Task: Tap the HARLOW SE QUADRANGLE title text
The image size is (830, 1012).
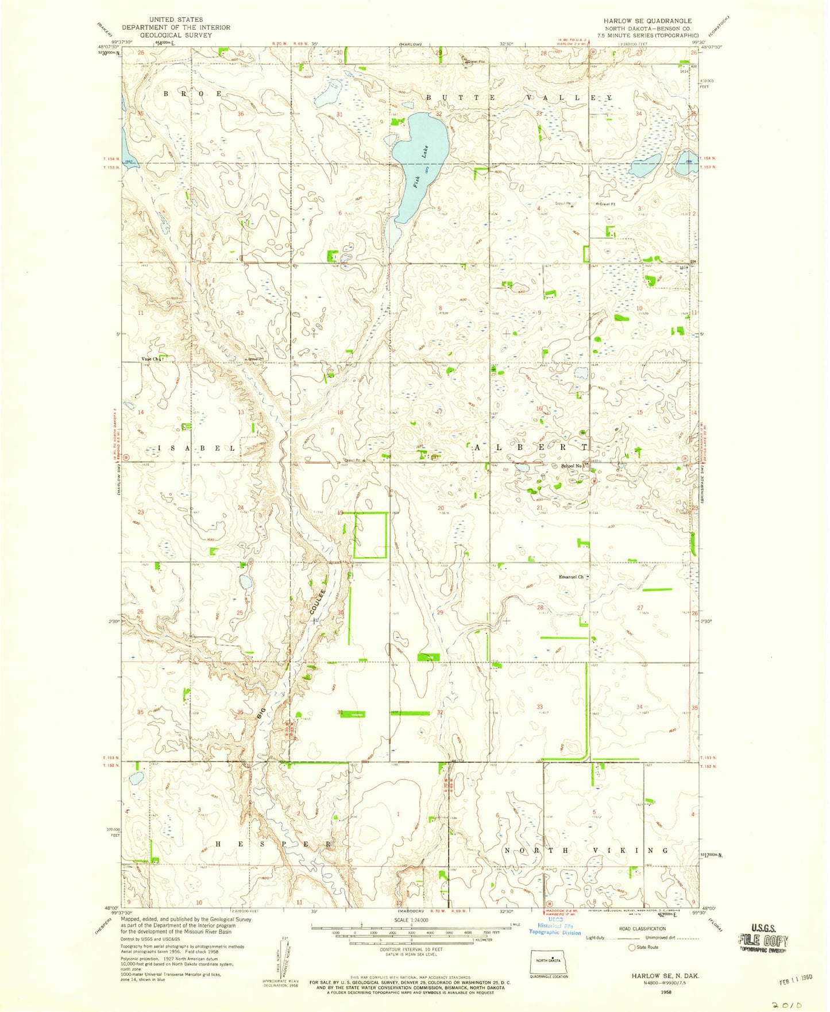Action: [647, 21]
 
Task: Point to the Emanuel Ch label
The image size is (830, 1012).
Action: [572, 577]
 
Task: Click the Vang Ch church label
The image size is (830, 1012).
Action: [150, 359]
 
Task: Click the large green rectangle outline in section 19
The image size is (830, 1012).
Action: [370, 535]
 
